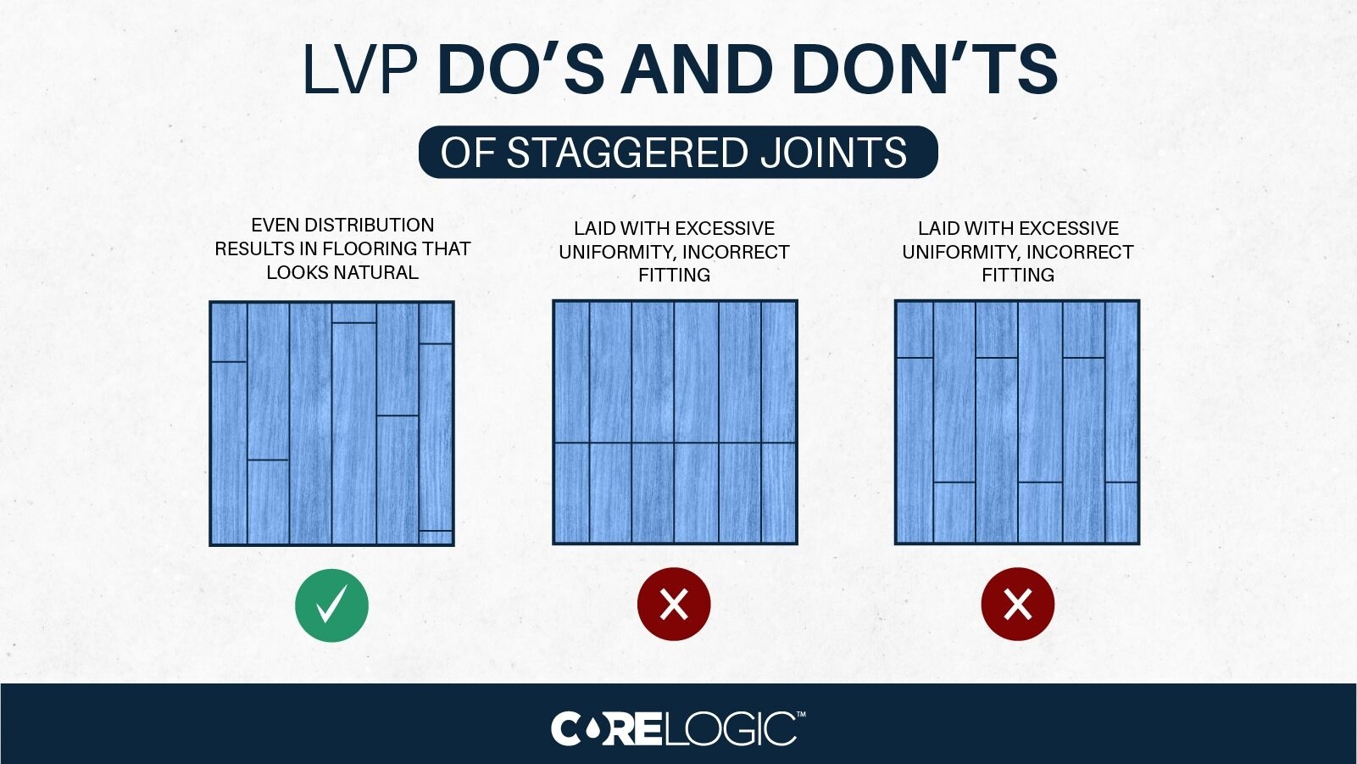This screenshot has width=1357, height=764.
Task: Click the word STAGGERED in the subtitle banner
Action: tap(627, 153)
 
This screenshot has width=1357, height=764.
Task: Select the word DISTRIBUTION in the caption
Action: tap(369, 226)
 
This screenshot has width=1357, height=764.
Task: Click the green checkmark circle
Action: tap(331, 605)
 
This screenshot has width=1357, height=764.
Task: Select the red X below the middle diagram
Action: tap(674, 605)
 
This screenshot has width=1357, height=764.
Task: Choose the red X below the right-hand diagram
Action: tap(1017, 605)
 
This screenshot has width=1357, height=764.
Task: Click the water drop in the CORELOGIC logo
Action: tap(593, 728)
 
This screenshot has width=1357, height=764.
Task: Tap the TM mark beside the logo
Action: tap(801, 716)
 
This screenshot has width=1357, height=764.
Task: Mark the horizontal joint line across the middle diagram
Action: tap(675, 443)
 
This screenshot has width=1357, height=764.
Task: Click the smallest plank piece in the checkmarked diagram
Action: tap(436, 537)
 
